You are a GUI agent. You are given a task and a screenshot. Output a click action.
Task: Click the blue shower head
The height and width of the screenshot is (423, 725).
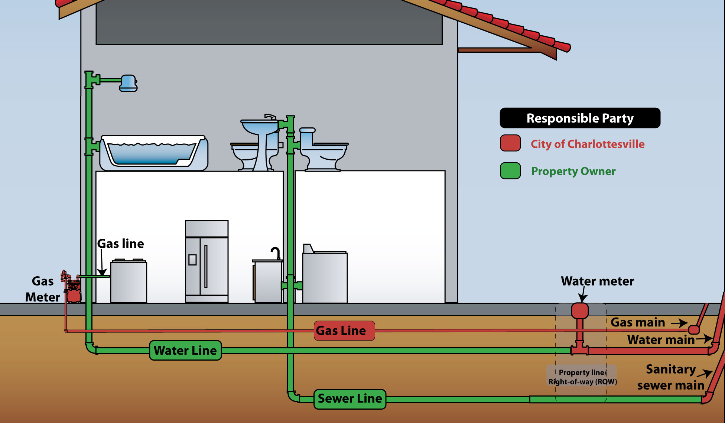click(128, 83)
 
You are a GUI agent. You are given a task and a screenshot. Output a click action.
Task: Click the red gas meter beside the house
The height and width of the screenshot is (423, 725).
click(73, 292)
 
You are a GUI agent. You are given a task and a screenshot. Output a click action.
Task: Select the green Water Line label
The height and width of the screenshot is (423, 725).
click(185, 350)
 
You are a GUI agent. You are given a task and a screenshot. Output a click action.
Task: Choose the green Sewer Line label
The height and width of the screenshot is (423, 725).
click(350, 399)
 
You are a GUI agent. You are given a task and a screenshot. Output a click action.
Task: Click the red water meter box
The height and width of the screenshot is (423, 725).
click(579, 310)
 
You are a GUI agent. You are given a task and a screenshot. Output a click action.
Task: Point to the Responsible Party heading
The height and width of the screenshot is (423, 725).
click(580, 118)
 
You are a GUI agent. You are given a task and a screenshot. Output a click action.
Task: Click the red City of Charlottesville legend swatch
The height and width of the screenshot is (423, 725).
click(510, 143)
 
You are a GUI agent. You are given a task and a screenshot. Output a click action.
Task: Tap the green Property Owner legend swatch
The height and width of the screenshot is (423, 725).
click(510, 171)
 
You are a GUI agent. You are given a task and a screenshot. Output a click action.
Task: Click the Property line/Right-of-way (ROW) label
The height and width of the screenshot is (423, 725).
click(582, 377)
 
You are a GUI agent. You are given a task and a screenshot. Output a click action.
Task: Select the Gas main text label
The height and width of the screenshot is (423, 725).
click(638, 322)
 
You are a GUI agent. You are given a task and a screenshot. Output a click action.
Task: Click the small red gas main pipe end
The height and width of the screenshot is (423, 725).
click(693, 329)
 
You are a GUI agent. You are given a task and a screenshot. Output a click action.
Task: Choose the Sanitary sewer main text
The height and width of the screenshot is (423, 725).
click(671, 377)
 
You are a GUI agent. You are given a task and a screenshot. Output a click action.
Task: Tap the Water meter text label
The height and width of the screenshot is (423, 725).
click(597, 281)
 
